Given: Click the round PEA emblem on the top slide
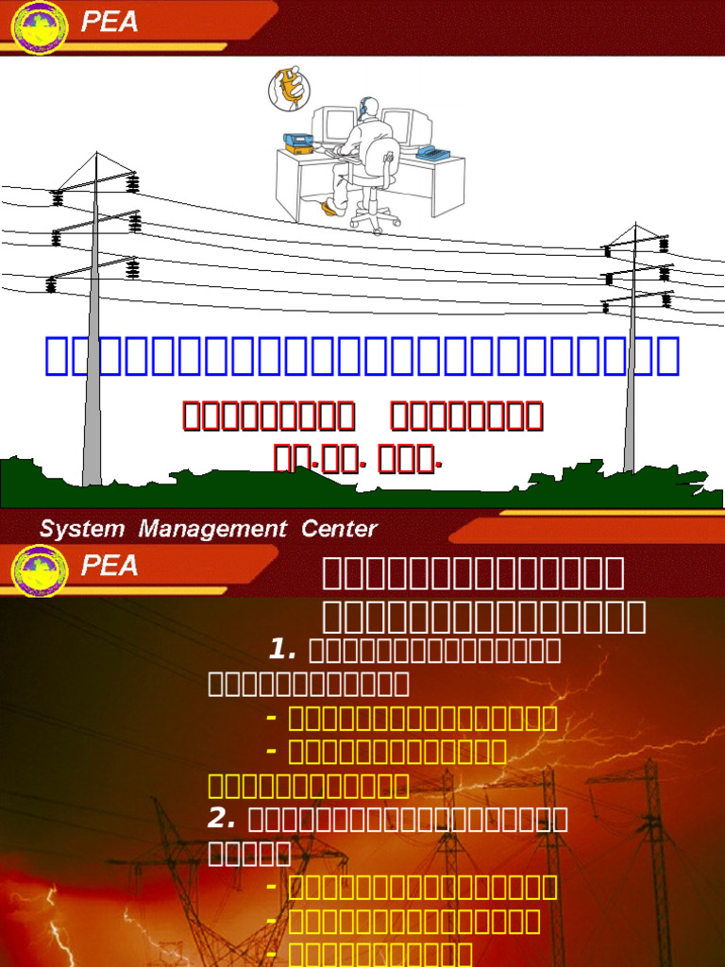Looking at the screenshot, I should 39,27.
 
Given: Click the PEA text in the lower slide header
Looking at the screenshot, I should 110,567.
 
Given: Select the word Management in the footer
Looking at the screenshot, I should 212,529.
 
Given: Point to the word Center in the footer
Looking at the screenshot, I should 339,529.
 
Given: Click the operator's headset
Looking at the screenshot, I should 363,108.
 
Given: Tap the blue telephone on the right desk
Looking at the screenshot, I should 432,152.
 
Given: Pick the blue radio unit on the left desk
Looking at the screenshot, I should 299,142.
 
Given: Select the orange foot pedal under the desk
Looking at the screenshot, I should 329,206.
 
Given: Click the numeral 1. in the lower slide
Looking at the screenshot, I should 283,650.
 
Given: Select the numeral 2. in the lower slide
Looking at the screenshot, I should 222,818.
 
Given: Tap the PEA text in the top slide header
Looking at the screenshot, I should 110,21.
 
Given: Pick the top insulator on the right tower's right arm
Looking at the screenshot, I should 664,244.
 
